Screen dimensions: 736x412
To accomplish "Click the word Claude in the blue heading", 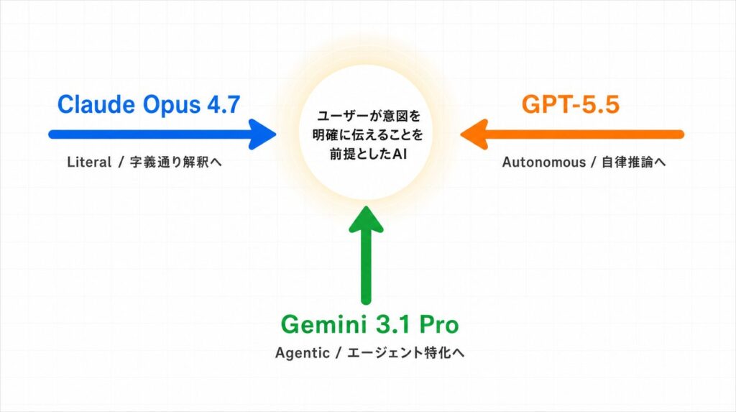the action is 96,104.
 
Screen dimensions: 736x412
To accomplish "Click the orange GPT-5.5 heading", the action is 570,104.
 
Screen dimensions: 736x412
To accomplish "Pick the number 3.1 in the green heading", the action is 392,324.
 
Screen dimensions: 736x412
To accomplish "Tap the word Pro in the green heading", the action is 439,324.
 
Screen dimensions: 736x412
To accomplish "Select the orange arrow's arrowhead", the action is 474,134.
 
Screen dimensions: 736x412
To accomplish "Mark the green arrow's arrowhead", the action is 366,219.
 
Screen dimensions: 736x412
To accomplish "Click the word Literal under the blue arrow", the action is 89,162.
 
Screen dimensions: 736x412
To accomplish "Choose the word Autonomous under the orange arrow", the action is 544,162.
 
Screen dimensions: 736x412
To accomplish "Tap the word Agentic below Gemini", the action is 303,353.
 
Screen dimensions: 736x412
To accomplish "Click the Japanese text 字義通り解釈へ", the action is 175,162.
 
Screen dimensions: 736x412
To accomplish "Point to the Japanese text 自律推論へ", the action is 634,162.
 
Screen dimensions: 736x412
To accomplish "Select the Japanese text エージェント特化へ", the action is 405,353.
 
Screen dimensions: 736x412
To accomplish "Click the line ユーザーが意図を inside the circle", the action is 369,115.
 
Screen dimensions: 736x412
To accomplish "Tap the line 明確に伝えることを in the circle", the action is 368,134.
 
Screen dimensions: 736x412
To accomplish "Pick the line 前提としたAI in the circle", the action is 368,154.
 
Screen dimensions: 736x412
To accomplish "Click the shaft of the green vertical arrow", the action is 366,267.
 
